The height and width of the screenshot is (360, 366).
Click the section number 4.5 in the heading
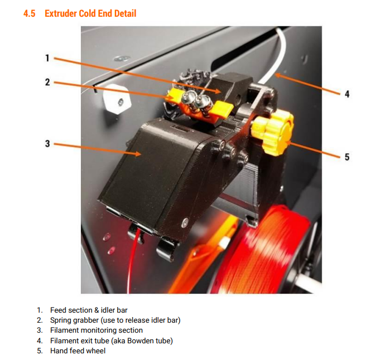coord(30,13)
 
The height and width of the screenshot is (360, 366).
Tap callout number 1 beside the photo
coord(47,57)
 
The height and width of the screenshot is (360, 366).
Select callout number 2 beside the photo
coord(47,82)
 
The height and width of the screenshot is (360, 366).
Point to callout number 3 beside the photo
coord(47,143)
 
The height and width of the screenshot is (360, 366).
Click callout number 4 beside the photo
coord(346,94)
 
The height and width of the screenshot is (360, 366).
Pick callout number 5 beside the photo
coord(346,157)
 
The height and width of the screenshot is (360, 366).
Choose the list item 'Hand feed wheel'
coord(78,351)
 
